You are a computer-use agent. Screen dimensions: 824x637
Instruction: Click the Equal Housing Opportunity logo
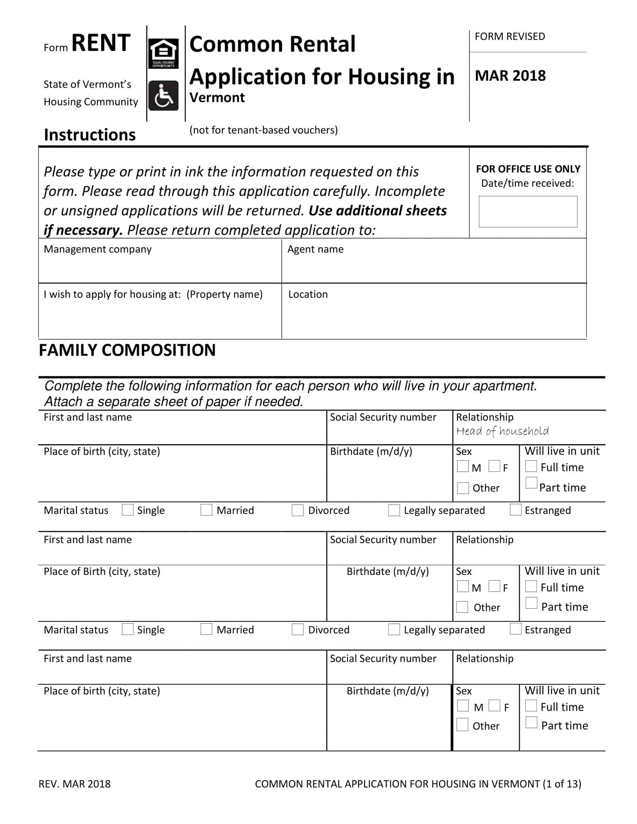pyautogui.click(x=163, y=54)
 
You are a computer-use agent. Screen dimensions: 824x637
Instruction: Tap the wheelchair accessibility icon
pyautogui.click(x=163, y=96)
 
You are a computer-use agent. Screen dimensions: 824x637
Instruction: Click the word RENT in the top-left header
pyautogui.click(x=101, y=43)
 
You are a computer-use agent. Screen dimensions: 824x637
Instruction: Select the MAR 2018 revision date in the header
pyautogui.click(x=510, y=76)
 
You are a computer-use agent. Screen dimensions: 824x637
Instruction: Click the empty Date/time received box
pyautogui.click(x=528, y=211)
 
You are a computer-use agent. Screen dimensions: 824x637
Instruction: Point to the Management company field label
pyautogui.click(x=97, y=249)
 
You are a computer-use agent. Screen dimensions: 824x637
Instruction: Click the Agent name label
pyautogui.click(x=315, y=249)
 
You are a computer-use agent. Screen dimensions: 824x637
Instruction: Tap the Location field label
pyautogui.click(x=308, y=294)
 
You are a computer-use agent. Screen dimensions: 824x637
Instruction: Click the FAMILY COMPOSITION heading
pyautogui.click(x=127, y=350)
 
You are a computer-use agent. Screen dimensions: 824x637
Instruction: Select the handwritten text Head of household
pyautogui.click(x=502, y=431)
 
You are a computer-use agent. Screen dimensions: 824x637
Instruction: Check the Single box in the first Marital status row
pyautogui.click(x=127, y=510)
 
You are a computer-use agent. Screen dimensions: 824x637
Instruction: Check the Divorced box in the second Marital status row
pyautogui.click(x=298, y=629)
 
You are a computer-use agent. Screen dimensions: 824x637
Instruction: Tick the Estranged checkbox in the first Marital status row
pyautogui.click(x=516, y=509)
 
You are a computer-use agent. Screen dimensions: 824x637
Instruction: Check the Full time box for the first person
pyautogui.click(x=531, y=466)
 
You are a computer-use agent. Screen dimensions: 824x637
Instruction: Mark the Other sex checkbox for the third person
pyautogui.click(x=462, y=725)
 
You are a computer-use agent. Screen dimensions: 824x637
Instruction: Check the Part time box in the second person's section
pyautogui.click(x=531, y=603)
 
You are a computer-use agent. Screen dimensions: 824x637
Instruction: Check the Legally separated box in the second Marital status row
pyautogui.click(x=394, y=629)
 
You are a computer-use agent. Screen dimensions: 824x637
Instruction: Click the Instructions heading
pyautogui.click(x=90, y=135)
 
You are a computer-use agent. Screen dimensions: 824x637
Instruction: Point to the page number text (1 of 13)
pyautogui.click(x=562, y=784)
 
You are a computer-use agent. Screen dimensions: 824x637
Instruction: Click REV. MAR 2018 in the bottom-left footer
pyautogui.click(x=74, y=784)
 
